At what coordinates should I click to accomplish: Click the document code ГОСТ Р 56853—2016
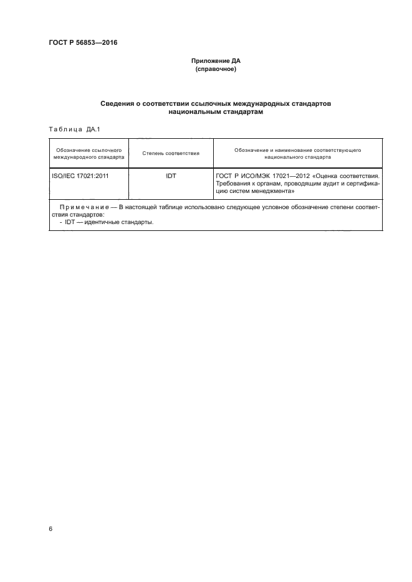(83, 43)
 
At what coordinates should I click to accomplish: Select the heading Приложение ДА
(216, 61)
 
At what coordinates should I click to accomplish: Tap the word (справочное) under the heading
(216, 69)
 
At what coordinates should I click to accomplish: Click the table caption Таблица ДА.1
(69, 129)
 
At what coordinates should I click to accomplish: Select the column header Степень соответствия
(171, 153)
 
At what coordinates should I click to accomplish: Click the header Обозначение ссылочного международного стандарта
(89, 153)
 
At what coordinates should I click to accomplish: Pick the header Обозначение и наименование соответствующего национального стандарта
(297, 153)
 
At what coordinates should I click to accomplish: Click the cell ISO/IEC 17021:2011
(80, 176)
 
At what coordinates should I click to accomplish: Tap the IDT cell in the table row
(171, 176)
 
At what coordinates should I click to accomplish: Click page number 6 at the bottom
(50, 528)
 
